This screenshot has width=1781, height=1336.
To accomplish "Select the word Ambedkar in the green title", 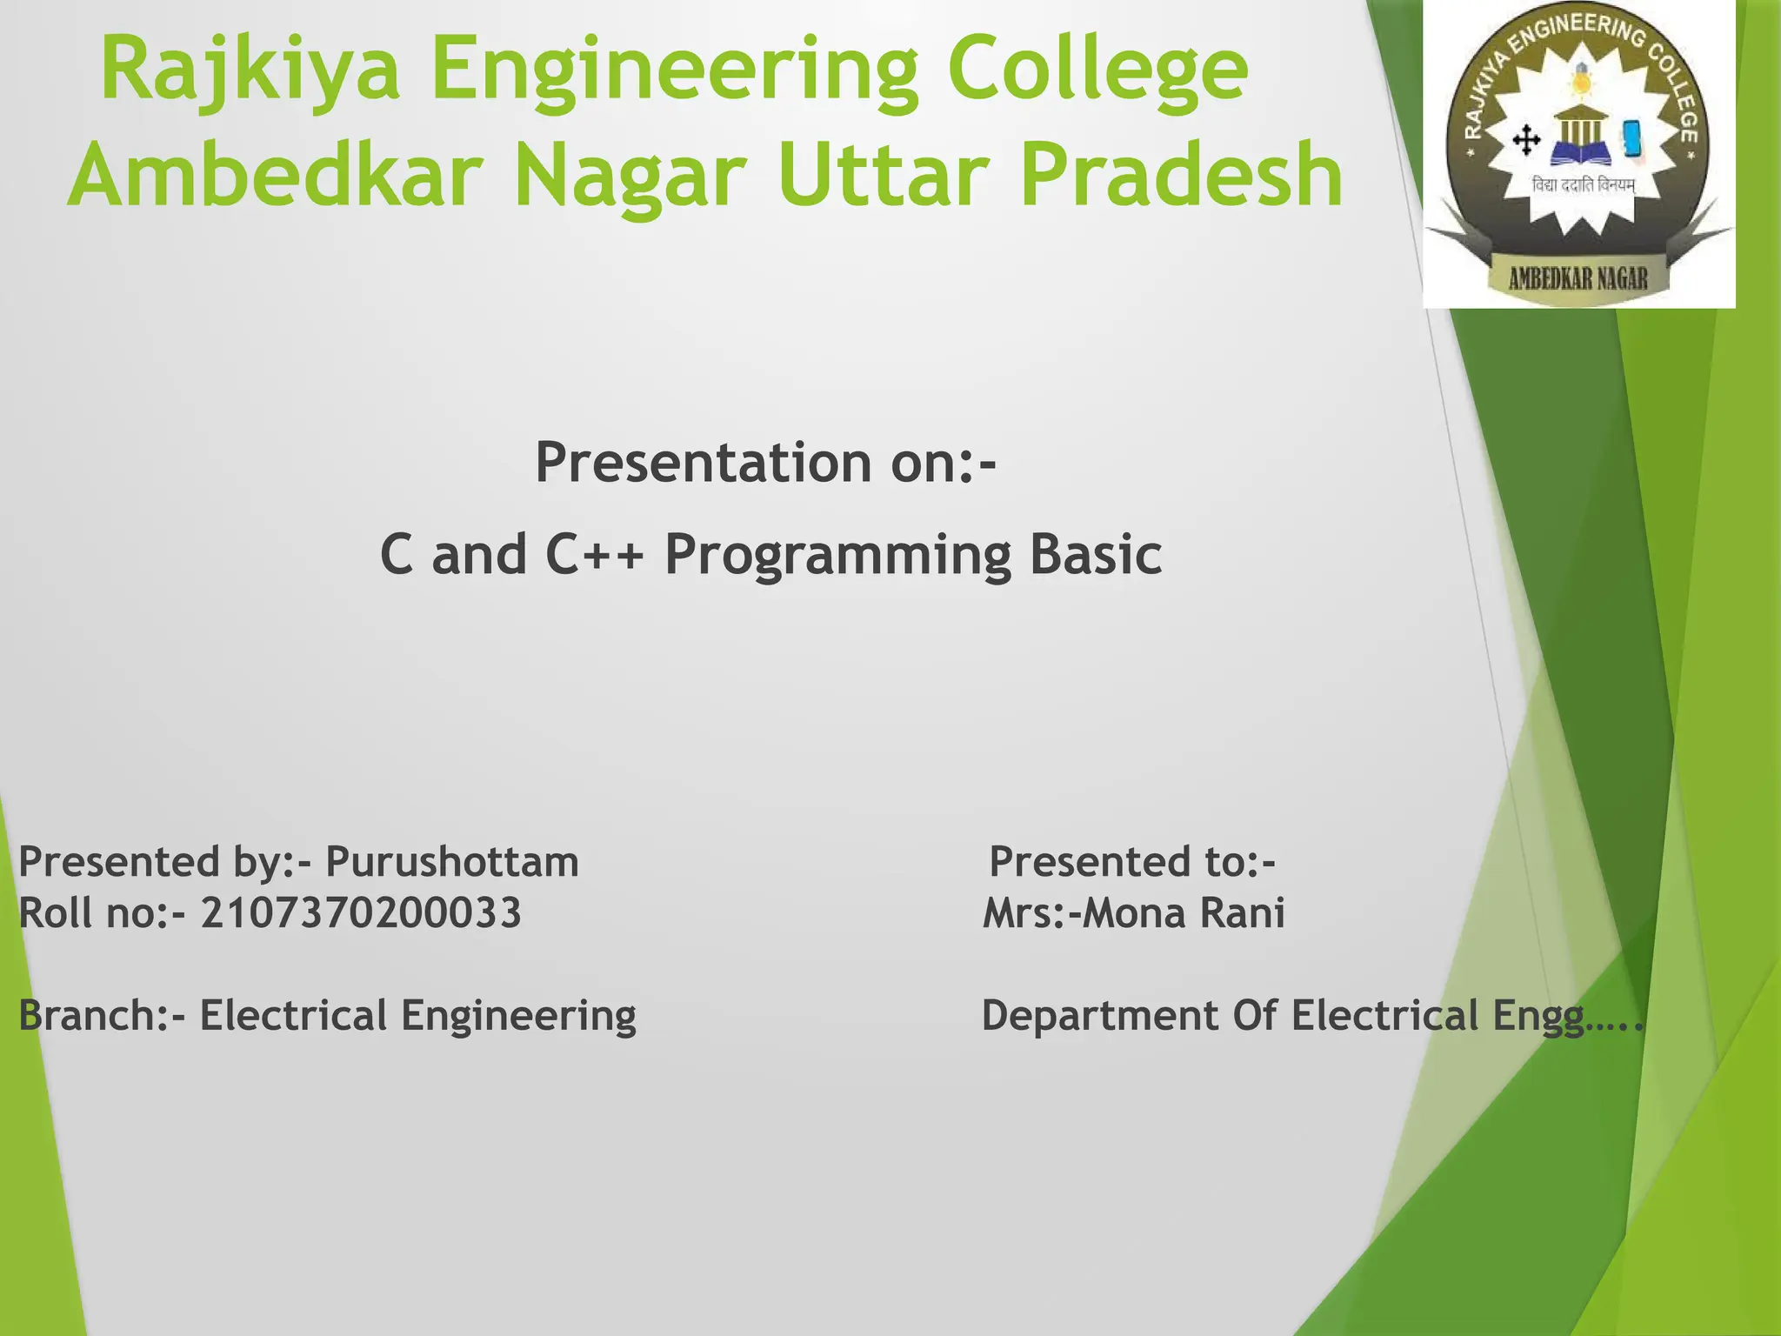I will coord(275,176).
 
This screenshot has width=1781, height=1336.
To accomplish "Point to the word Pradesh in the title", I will coord(1181,176).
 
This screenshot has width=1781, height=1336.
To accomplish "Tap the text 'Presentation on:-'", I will coord(764,462).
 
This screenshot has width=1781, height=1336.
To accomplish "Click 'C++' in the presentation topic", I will coord(595,554).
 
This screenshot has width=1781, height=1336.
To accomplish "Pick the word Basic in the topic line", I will coord(1095,554).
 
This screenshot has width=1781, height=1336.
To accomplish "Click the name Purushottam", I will coord(451,862).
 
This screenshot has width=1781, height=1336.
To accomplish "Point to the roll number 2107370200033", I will coord(361,913).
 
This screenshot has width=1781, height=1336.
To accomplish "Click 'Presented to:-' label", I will coord(1131,862).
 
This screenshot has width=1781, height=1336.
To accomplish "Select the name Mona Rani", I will coord(1183,913).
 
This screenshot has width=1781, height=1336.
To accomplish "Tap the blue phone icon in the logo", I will coord(1631,138).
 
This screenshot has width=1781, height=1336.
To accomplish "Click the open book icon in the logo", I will coord(1580,157).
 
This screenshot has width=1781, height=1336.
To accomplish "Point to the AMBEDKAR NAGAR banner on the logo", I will coord(1578,278).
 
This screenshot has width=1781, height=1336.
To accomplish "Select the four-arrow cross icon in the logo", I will coord(1526,140).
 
